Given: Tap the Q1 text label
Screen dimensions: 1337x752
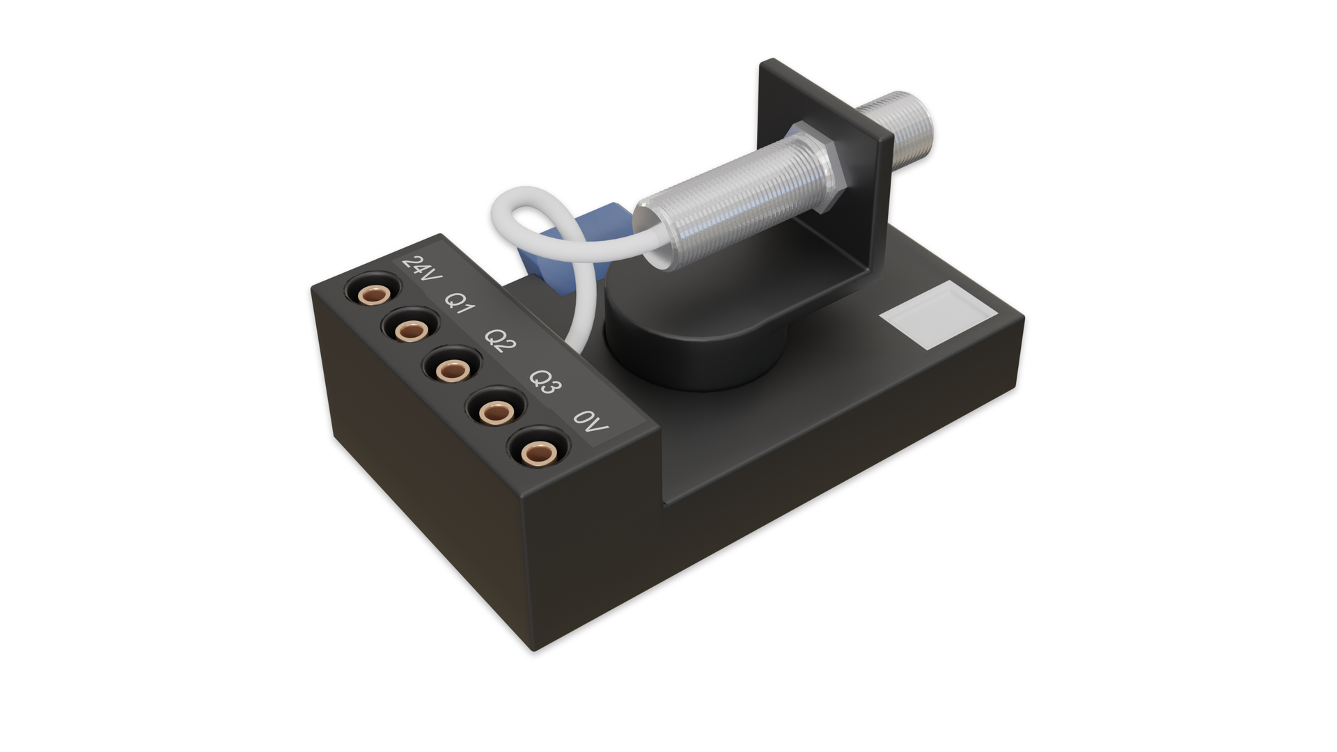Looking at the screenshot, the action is pyautogui.click(x=460, y=303).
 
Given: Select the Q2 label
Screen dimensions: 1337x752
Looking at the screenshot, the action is pyautogui.click(x=501, y=340).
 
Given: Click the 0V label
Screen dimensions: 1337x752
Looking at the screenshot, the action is pyautogui.click(x=591, y=421).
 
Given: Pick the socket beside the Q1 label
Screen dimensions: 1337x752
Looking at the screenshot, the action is pyautogui.click(x=412, y=329).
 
